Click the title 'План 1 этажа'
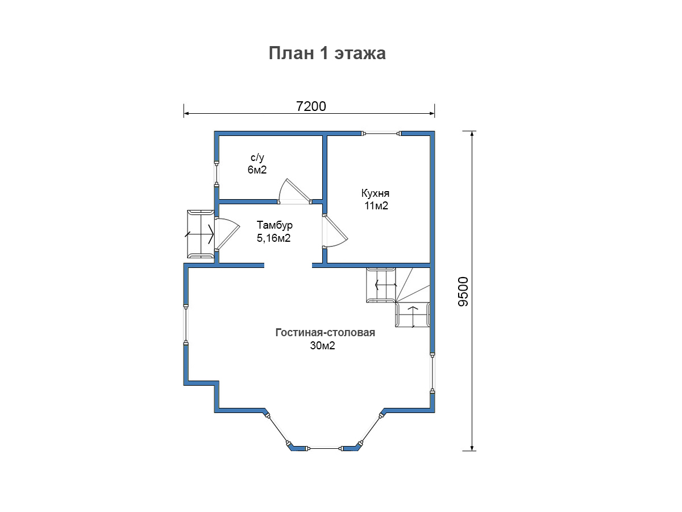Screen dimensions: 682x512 click(x=327, y=53)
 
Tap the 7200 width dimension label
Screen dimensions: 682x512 click(x=311, y=106)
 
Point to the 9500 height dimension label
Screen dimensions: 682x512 click(x=463, y=292)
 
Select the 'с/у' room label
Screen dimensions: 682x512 click(x=257, y=158)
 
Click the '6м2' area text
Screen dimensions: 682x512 click(x=257, y=170)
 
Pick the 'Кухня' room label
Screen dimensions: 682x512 click(x=375, y=193)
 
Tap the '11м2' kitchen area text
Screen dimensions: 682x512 click(x=376, y=206)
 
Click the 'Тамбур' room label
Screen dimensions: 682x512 click(x=275, y=225)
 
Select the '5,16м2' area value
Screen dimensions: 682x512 click(x=273, y=238)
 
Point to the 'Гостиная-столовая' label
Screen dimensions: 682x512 click(x=325, y=332)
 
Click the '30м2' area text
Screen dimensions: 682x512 click(x=322, y=345)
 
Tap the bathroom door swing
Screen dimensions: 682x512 click(x=294, y=192)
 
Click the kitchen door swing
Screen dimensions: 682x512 click(x=335, y=232)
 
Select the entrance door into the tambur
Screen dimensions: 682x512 click(x=227, y=234)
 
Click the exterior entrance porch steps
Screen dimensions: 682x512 click(x=201, y=234)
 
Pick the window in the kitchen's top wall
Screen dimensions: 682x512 click(x=381, y=134)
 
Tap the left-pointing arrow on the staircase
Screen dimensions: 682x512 click(x=386, y=284)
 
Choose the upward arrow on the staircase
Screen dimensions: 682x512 click(x=413, y=316)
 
